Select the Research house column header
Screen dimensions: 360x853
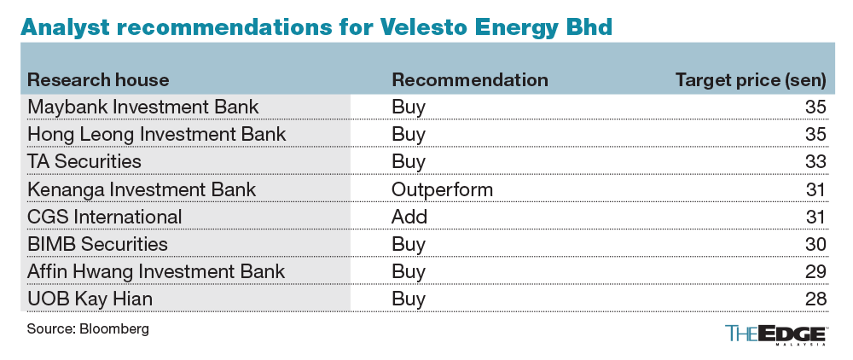pyautogui.click(x=99, y=80)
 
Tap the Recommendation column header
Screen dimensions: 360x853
pyautogui.click(x=469, y=80)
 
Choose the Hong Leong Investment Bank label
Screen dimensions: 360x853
pyautogui.click(x=157, y=135)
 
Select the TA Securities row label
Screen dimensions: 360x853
pyautogui.click(x=84, y=161)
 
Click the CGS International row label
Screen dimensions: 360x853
pyautogui.click(x=105, y=216)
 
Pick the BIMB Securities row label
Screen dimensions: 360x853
pyautogui.click(x=98, y=243)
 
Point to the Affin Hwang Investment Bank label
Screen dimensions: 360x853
pyautogui.click(x=156, y=271)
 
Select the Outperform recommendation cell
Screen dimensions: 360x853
pyautogui.click(x=442, y=189)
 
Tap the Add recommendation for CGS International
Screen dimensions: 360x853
pyautogui.click(x=409, y=216)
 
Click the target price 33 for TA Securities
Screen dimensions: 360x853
pyautogui.click(x=815, y=161)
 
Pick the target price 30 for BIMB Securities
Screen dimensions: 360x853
pyautogui.click(x=815, y=243)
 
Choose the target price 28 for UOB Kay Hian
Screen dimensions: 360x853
pyautogui.click(x=815, y=299)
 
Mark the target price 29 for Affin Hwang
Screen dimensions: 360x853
pyautogui.click(x=815, y=271)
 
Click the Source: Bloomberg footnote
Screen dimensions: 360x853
pyautogui.click(x=82, y=328)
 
